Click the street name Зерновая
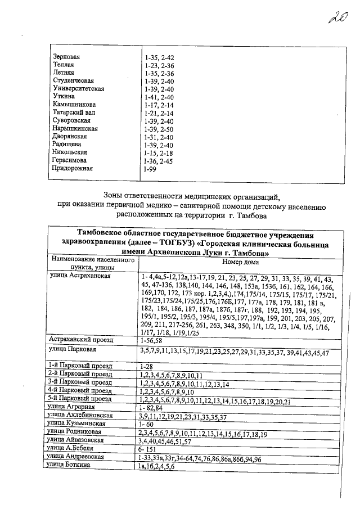coord(66,57)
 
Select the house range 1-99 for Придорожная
coord(150,168)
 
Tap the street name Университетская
coord(78,89)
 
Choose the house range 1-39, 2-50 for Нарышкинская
coord(159,129)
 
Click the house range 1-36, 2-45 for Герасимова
coord(159,160)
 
